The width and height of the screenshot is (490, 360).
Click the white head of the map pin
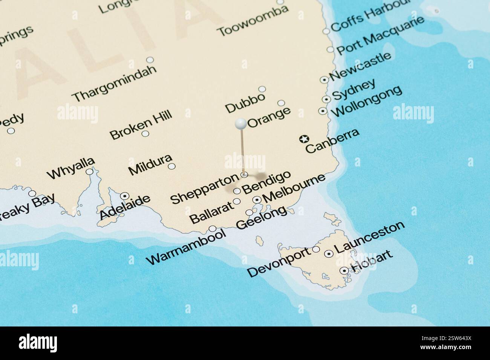pos(240,123)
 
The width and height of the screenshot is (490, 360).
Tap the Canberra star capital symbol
pos(303,139)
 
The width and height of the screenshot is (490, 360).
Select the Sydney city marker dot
pos(326,99)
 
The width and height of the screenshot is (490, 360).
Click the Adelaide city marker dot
pos(125,196)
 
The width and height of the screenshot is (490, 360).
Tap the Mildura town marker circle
pos(171,166)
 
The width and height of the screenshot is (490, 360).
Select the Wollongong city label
pos(366,101)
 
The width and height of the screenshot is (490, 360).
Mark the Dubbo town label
pos(245,103)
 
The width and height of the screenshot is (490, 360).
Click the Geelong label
pos(261,218)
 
